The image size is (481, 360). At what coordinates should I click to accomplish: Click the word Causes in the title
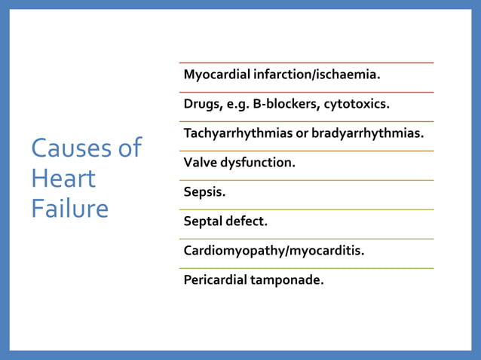click(x=69, y=148)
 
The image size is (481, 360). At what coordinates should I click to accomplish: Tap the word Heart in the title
click(x=63, y=178)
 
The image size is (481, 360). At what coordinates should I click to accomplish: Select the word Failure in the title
click(x=69, y=209)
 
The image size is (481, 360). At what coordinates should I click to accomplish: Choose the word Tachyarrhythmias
click(x=240, y=134)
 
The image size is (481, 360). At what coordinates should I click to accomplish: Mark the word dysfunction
click(x=259, y=163)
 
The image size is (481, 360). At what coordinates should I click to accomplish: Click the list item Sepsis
click(x=204, y=192)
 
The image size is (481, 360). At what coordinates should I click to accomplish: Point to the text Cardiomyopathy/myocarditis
click(x=274, y=251)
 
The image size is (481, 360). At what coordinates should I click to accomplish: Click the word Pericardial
click(x=216, y=280)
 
